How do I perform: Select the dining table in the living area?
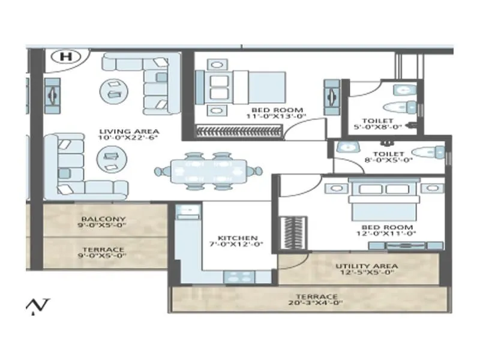tap(208, 170)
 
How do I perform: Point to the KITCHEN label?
tap(238, 238)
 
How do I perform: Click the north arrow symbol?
tap(38, 306)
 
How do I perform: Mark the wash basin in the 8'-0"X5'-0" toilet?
tap(345, 147)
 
